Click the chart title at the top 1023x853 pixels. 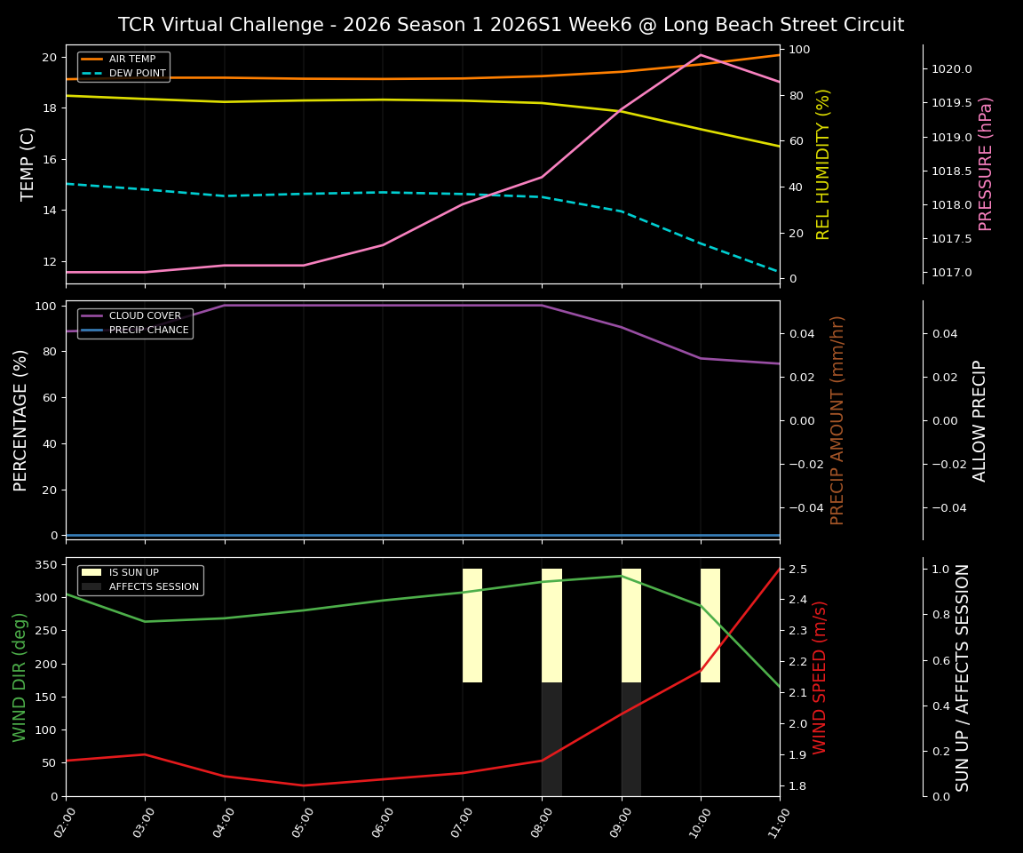pyautogui.click(x=511, y=25)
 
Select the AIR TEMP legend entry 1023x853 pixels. pyautogui.click(x=132, y=60)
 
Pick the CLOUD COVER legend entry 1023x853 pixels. pyautogui.click(x=145, y=316)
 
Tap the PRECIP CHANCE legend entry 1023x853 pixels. pyautogui.click(x=148, y=331)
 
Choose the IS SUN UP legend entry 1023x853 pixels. pyautogui.click(x=133, y=573)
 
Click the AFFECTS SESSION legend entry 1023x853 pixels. pyautogui.click(x=154, y=586)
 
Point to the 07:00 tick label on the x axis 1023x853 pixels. pyautogui.click(x=460, y=829)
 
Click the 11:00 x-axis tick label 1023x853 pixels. pyautogui.click(x=777, y=829)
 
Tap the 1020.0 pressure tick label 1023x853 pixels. pyautogui.click(x=951, y=69)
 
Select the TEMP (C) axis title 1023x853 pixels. pyautogui.click(x=28, y=163)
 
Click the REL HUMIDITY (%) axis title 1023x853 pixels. pyautogui.click(x=823, y=163)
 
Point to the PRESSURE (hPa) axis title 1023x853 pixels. pyautogui.click(x=986, y=163)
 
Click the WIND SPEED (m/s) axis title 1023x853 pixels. pyautogui.click(x=820, y=677)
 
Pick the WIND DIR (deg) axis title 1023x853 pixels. pyautogui.click(x=20, y=677)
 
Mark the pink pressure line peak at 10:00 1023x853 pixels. pyautogui.click(x=701, y=54)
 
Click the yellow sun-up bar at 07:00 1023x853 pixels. pyautogui.click(x=472, y=626)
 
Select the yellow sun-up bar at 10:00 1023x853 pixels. pyautogui.click(x=710, y=626)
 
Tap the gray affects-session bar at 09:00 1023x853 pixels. pyautogui.click(x=631, y=739)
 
